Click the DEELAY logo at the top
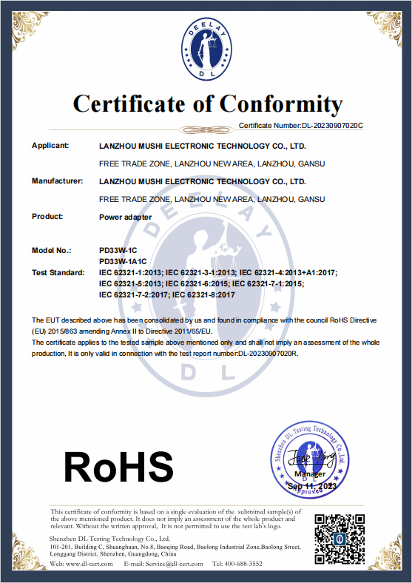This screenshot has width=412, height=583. [207, 50]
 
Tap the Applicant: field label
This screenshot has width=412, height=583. [50, 145]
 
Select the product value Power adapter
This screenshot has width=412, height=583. [125, 218]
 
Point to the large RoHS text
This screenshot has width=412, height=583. [118, 467]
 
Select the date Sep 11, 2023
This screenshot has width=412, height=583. [311, 486]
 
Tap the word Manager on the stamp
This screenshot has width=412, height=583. [309, 474]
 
